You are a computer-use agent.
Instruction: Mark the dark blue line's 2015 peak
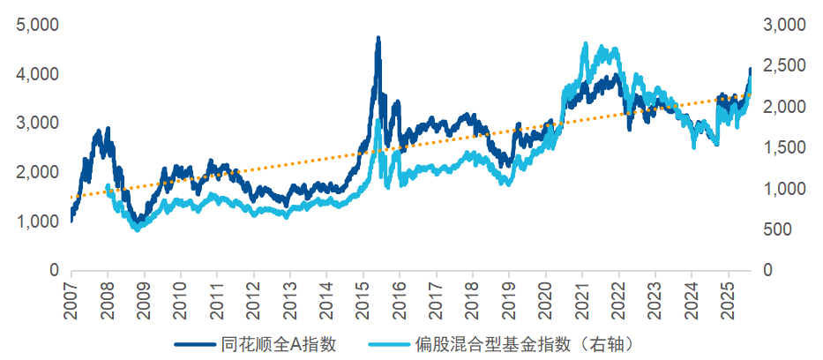(x=378, y=39)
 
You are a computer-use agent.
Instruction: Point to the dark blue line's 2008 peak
(x=108, y=130)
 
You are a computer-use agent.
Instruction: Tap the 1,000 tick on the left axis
(x=34, y=221)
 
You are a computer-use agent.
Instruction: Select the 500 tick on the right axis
(x=774, y=229)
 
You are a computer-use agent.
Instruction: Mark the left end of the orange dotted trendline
(x=71, y=198)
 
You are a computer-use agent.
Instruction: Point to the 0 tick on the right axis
(x=766, y=270)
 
